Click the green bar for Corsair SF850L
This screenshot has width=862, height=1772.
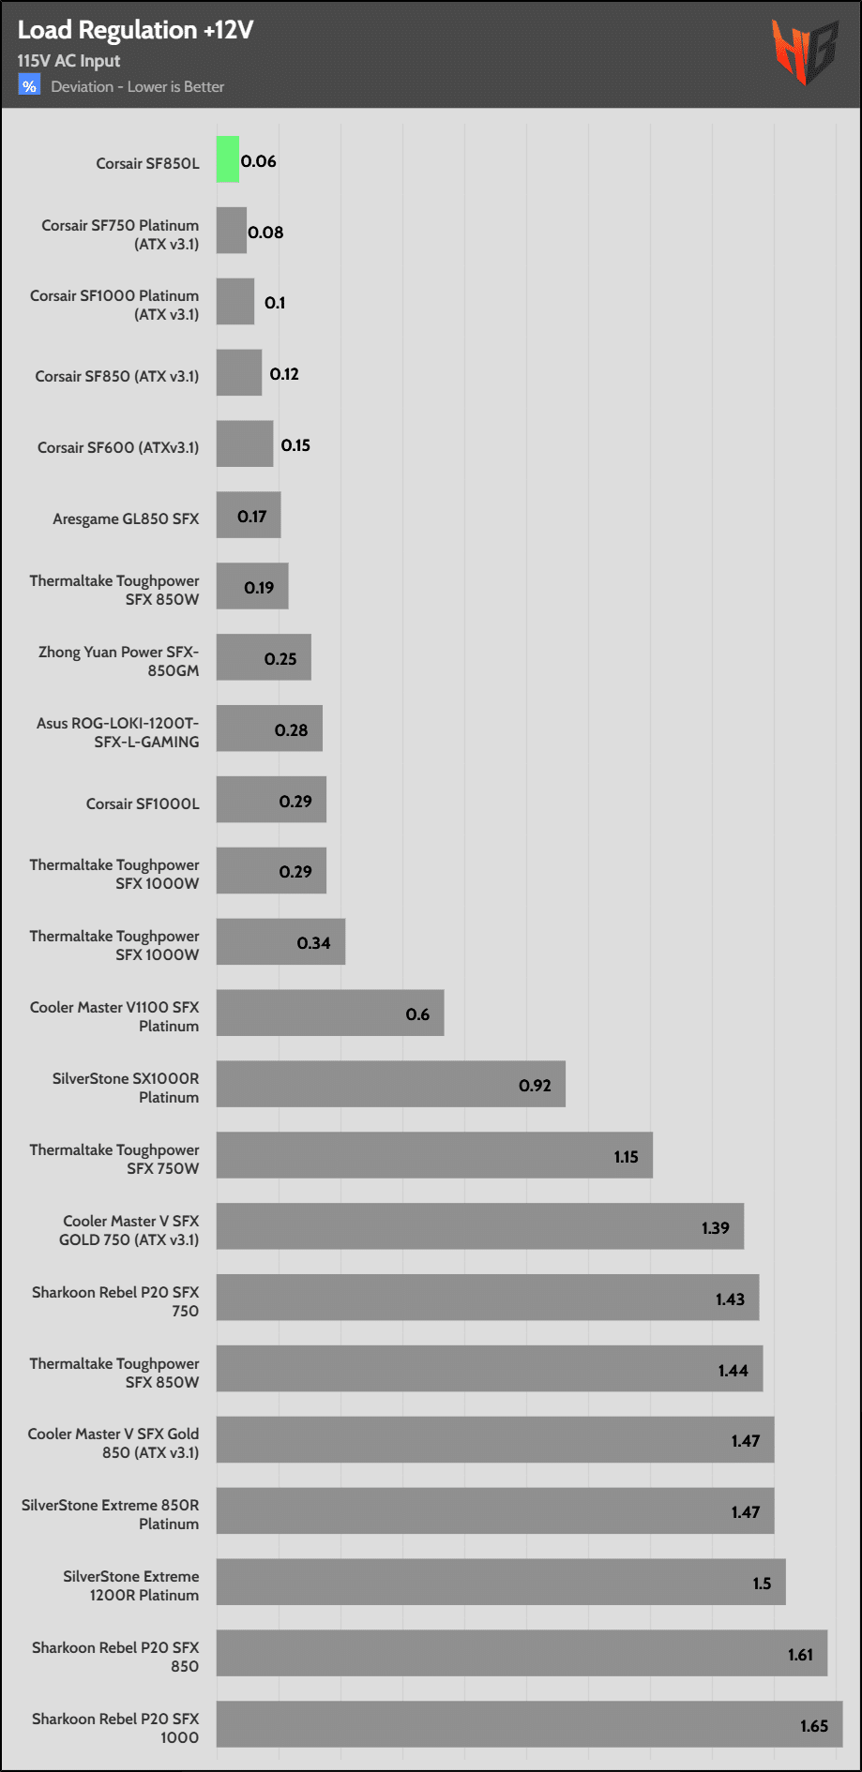click(228, 159)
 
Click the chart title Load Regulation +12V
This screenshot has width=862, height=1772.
click(135, 30)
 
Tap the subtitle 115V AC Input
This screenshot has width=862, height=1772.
click(68, 61)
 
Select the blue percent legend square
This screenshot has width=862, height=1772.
click(29, 86)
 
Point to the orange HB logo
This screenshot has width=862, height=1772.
click(804, 52)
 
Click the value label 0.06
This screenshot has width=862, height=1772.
click(259, 161)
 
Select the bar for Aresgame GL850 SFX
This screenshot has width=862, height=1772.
click(249, 515)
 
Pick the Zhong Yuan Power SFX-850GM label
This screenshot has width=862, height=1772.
click(118, 661)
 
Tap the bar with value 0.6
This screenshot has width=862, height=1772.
click(330, 1013)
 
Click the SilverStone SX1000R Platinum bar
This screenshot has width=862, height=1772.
click(390, 1084)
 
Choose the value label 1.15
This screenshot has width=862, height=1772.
click(627, 1157)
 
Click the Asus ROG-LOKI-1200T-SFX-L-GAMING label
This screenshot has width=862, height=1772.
click(117, 732)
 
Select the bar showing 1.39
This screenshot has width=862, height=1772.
click(480, 1226)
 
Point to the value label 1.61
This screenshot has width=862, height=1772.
click(800, 1655)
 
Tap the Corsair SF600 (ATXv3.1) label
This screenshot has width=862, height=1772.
click(118, 448)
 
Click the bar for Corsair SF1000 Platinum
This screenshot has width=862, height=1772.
click(235, 301)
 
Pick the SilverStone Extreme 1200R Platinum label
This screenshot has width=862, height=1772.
click(130, 1585)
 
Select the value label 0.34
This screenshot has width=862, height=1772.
click(314, 943)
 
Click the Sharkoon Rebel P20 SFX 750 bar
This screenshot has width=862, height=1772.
click(488, 1298)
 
